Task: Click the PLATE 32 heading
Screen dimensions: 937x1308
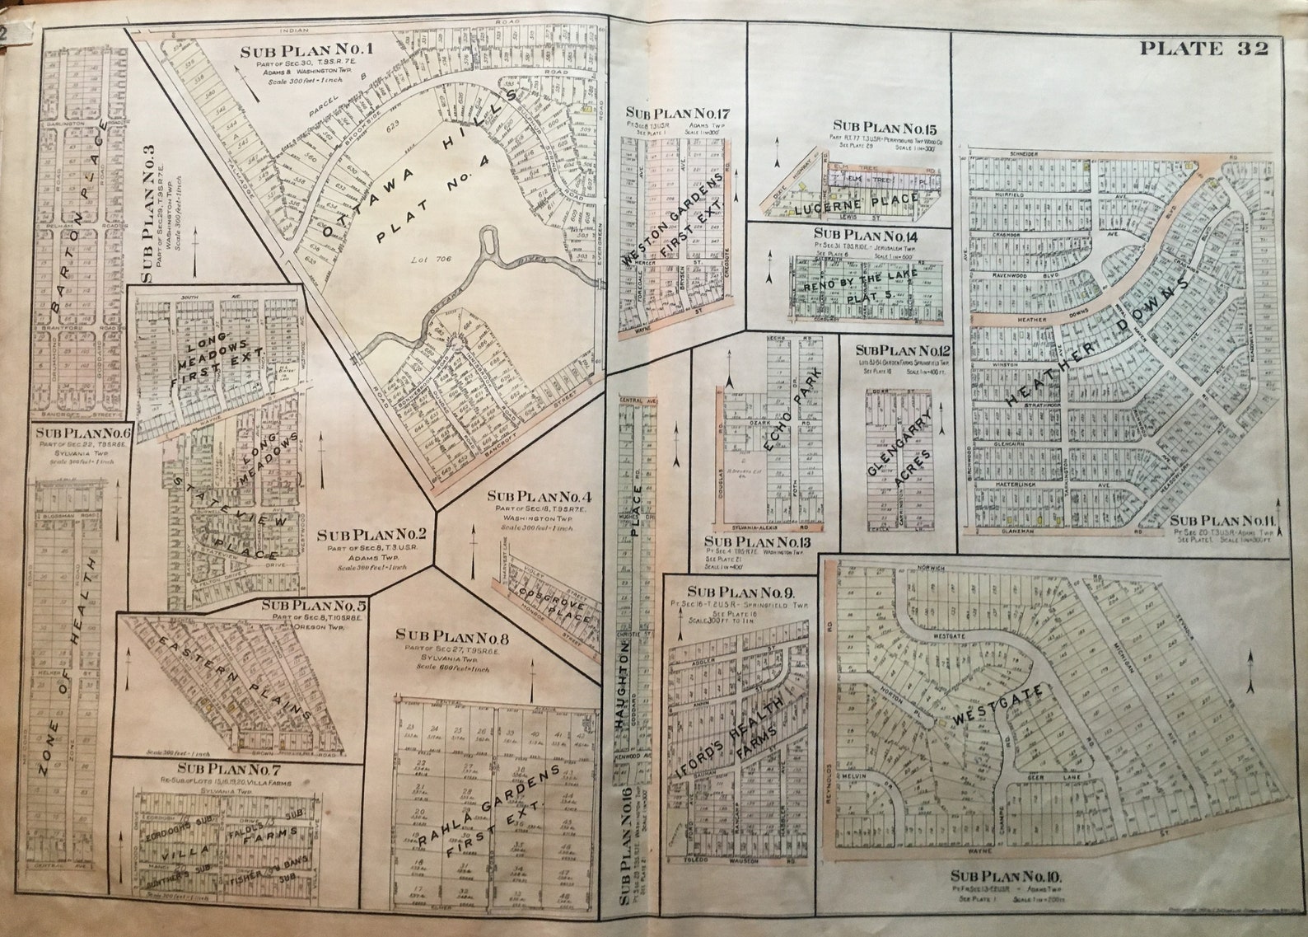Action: click(1203, 49)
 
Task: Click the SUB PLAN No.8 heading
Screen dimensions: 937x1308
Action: click(441, 635)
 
